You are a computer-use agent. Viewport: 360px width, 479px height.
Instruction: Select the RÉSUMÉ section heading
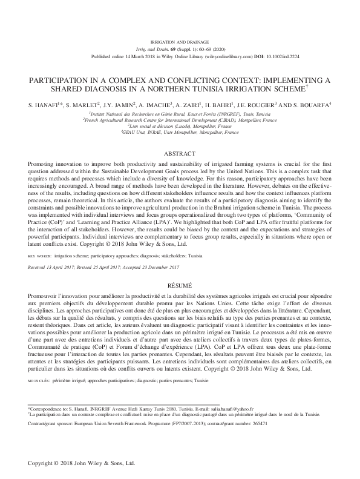tap(180, 283)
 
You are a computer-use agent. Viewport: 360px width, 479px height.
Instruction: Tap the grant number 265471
tap(272, 424)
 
